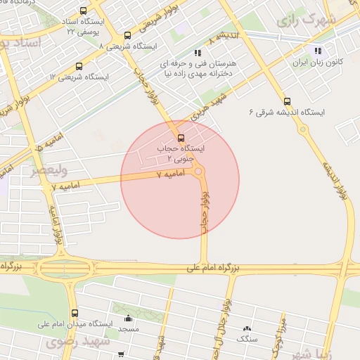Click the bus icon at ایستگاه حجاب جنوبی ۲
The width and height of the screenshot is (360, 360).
pyautogui.click(x=181, y=137)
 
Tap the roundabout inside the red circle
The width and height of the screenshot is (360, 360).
pyautogui.click(x=199, y=172)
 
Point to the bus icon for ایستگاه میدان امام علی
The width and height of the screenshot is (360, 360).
pyautogui.click(x=75, y=314)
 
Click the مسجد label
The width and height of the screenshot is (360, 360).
pyautogui.click(x=128, y=329)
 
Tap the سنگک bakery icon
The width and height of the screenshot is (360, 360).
pyautogui.click(x=247, y=328)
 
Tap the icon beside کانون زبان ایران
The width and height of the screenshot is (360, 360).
pyautogui.click(x=318, y=51)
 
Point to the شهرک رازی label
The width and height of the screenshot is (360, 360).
pyautogui.click(x=302, y=20)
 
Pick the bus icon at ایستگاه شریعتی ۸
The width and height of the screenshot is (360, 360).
pyautogui.click(x=127, y=36)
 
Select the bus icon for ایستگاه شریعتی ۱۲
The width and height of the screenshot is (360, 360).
pyautogui.click(x=78, y=67)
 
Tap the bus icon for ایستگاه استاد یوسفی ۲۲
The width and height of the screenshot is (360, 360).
pyautogui.click(x=84, y=11)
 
